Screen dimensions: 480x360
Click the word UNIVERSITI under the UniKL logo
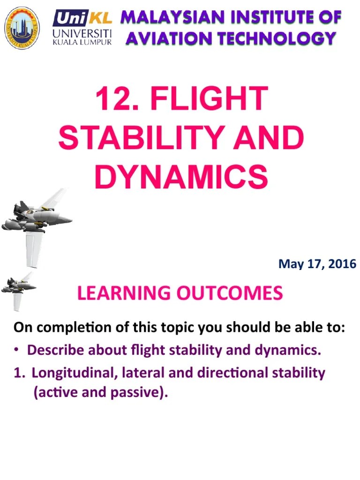tap(82, 33)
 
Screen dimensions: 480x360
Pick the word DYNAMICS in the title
tap(180, 178)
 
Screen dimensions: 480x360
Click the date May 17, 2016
tap(317, 264)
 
